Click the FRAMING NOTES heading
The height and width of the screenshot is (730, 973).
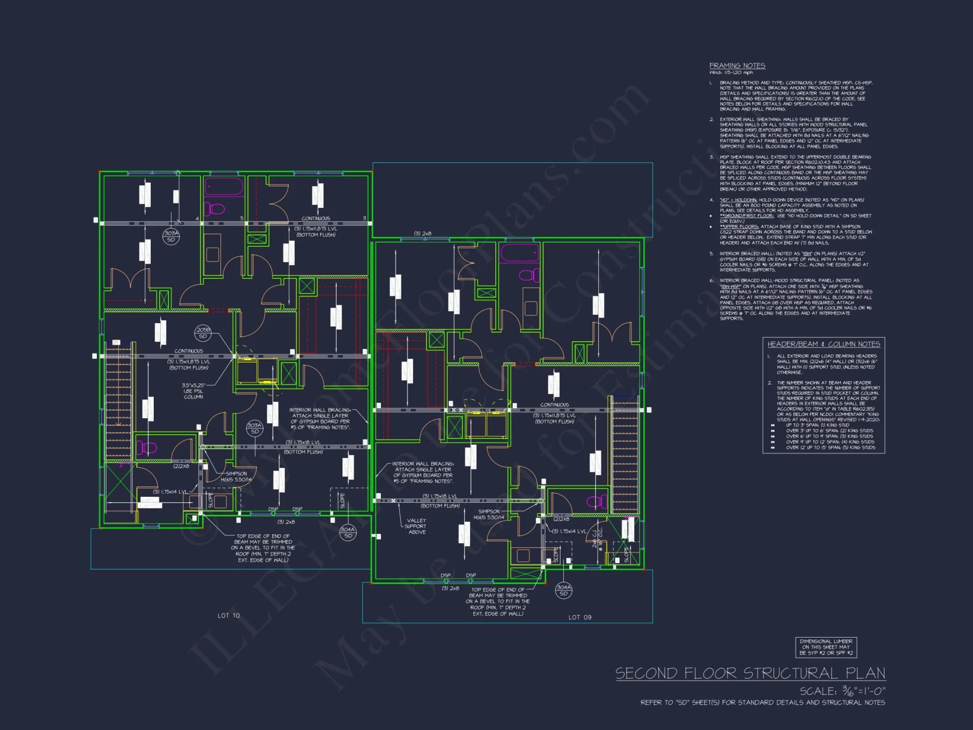click(x=737, y=66)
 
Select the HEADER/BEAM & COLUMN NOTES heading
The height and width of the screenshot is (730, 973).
click(x=824, y=344)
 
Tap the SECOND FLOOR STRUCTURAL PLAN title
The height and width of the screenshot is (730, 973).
click(x=750, y=674)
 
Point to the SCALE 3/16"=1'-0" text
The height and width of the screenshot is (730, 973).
click(x=843, y=691)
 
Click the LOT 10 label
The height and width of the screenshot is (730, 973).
click(x=229, y=616)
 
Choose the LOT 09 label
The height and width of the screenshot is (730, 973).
click(x=580, y=618)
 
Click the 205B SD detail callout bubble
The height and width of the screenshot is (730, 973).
click(x=203, y=333)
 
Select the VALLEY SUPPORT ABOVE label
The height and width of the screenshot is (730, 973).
click(x=416, y=526)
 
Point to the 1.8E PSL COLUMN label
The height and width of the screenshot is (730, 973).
click(x=194, y=391)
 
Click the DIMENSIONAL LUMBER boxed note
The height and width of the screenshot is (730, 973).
click(x=826, y=647)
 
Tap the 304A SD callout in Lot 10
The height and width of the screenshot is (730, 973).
click(x=348, y=532)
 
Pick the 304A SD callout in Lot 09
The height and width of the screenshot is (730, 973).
click(x=563, y=590)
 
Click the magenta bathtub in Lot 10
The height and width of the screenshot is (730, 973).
click(x=224, y=187)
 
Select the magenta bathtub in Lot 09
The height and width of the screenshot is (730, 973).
click(x=520, y=253)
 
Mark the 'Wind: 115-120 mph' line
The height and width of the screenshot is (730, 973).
click(x=731, y=73)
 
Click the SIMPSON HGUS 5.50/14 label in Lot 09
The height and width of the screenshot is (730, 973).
click(x=489, y=514)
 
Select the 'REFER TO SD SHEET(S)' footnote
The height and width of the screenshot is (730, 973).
click(x=762, y=703)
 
